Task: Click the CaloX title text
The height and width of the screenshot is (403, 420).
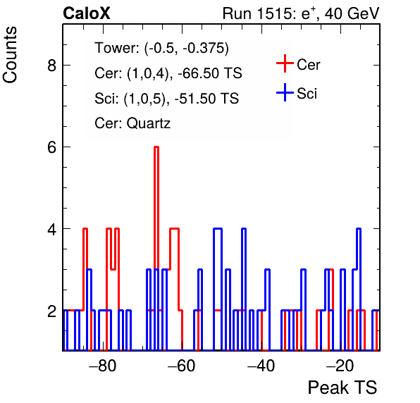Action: [87, 13]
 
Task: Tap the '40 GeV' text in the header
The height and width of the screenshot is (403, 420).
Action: [352, 13]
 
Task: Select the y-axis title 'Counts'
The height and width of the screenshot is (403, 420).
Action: [10, 55]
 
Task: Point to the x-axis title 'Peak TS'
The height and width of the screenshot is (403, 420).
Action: [342, 387]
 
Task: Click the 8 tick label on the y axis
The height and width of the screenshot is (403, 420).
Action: [51, 65]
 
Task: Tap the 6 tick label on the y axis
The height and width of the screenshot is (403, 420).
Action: [51, 147]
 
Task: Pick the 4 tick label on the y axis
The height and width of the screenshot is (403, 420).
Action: [51, 229]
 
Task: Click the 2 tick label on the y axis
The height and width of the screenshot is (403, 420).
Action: [51, 311]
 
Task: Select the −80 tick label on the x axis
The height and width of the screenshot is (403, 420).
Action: [103, 366]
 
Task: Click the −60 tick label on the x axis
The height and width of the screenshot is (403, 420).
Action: [181, 366]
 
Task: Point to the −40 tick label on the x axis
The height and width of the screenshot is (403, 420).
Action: [261, 366]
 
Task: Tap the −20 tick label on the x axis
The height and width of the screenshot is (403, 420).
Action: [340, 366]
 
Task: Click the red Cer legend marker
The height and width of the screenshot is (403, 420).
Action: [285, 63]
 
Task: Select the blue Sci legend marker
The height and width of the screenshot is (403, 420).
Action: [285, 92]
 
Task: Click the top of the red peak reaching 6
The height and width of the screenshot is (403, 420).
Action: [156, 147]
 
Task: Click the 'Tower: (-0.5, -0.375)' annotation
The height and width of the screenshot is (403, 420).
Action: [162, 48]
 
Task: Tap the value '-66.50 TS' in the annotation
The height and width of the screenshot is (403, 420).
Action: [210, 73]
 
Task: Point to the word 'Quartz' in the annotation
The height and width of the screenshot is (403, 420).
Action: [149, 124]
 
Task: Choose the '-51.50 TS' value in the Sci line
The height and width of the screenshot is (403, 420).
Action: [206, 98]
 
